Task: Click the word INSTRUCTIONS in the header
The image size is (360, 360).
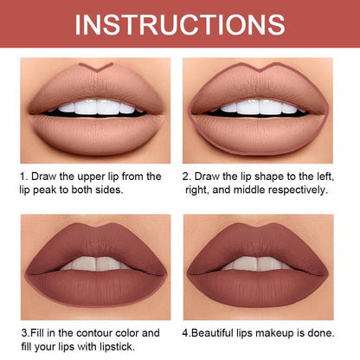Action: (x=179, y=23)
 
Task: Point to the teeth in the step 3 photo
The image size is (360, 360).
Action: (x=96, y=264)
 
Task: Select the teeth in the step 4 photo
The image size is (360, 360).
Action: (x=259, y=264)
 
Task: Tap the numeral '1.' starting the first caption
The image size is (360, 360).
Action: (x=24, y=176)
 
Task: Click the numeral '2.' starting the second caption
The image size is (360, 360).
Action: (x=187, y=176)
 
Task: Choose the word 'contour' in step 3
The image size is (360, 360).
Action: (x=89, y=332)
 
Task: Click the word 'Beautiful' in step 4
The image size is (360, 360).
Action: (x=222, y=332)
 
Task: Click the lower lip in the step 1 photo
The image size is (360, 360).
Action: (x=96, y=132)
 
